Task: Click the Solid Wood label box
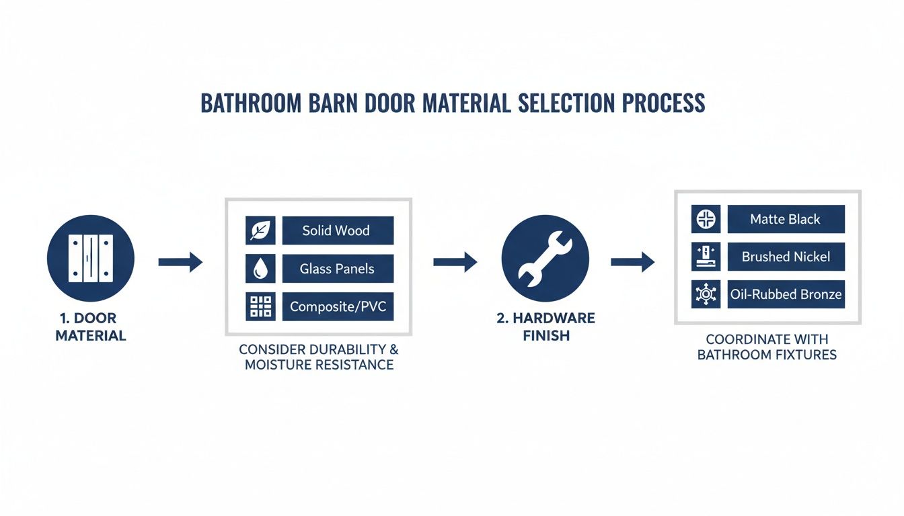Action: [x=337, y=230]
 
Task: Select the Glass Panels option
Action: [x=337, y=269]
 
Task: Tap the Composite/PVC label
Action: [x=337, y=307]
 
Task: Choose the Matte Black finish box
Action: [x=786, y=219]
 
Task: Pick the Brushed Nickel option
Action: [x=786, y=257]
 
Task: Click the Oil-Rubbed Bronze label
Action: [x=786, y=294]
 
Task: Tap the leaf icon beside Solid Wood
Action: [x=260, y=230]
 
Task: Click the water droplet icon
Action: [x=260, y=269]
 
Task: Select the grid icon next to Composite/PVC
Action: [x=260, y=307]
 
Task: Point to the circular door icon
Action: [x=91, y=259]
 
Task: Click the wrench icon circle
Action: [x=545, y=259]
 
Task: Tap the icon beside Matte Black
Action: [x=706, y=219]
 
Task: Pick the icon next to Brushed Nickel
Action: [x=706, y=257]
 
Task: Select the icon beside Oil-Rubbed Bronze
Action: [x=706, y=294]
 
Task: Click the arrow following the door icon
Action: [x=180, y=262]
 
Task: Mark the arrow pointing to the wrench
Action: [x=455, y=262]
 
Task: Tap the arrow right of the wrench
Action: [x=632, y=262]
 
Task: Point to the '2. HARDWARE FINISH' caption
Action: [x=545, y=327]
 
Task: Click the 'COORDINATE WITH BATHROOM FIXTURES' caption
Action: [x=767, y=347]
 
